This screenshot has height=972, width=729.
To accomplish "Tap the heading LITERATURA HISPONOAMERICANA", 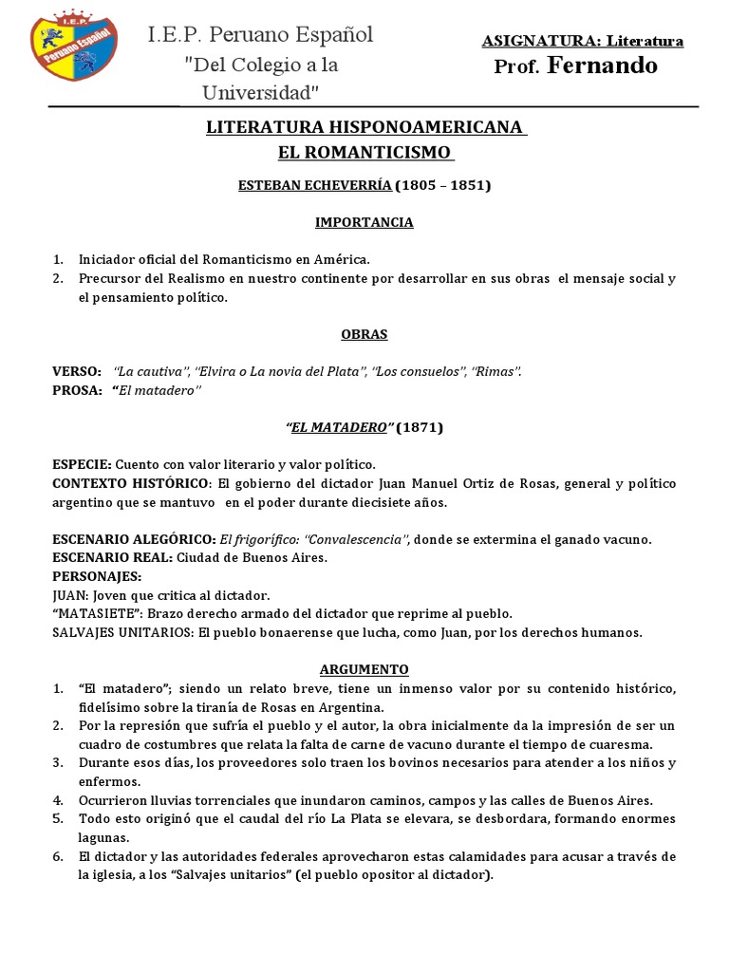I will [x=364, y=127].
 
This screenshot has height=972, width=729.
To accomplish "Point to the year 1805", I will [x=418, y=186].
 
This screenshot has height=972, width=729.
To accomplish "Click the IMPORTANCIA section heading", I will [x=364, y=222].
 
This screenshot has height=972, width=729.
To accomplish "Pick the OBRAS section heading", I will [x=364, y=334].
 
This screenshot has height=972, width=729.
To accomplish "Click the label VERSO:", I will [x=76, y=371].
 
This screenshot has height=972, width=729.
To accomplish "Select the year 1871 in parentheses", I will [x=419, y=427].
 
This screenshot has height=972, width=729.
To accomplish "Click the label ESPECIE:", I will [x=82, y=464].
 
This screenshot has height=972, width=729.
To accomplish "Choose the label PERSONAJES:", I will [x=98, y=576].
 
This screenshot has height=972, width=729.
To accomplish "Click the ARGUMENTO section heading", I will [x=364, y=668].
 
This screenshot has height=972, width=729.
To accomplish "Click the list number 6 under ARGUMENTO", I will [x=57, y=856].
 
